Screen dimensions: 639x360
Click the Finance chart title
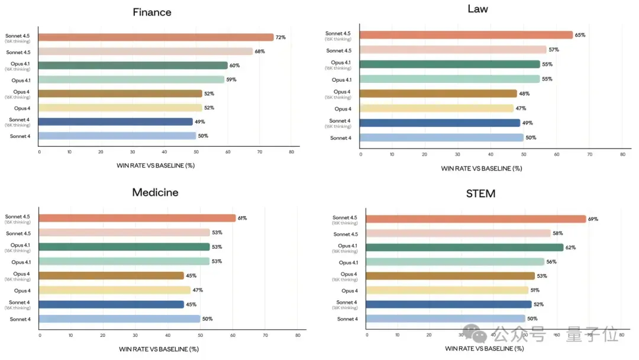[x=152, y=12]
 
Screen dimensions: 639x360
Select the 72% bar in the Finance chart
[x=156, y=37]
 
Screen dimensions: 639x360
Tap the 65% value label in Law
[x=580, y=35]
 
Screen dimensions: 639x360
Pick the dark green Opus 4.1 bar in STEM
[x=464, y=247]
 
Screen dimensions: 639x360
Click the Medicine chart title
[x=155, y=192]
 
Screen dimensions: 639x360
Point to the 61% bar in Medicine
[x=137, y=218]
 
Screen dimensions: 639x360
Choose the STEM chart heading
[x=481, y=194]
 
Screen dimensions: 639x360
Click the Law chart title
[x=477, y=9]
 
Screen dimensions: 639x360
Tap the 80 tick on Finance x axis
[x=291, y=152]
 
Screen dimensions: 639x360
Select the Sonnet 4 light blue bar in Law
[x=442, y=138]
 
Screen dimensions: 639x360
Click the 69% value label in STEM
[x=593, y=219]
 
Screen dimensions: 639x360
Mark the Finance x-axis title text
[x=156, y=166]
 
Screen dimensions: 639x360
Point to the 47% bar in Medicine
[x=115, y=290]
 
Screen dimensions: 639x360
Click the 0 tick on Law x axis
[x=361, y=155]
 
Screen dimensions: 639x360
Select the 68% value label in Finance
[x=260, y=52]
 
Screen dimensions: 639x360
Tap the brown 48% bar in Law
[x=438, y=94]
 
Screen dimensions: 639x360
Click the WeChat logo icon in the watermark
[x=475, y=334]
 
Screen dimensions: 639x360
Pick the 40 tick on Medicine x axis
[x=167, y=336]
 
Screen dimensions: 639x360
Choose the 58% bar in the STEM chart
[x=459, y=234]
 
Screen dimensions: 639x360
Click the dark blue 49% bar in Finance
[x=116, y=122]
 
